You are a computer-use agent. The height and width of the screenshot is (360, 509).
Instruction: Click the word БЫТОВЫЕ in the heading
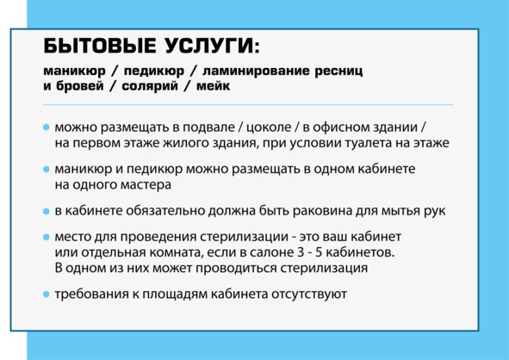click(x=100, y=46)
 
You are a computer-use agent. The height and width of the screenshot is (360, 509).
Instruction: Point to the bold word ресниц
click(x=338, y=71)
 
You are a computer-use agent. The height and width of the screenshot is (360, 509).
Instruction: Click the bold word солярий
click(x=150, y=86)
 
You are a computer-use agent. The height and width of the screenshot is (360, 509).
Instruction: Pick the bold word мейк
click(x=214, y=86)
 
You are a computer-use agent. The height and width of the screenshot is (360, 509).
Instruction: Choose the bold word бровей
click(x=80, y=86)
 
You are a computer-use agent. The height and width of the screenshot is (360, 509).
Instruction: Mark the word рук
click(x=434, y=212)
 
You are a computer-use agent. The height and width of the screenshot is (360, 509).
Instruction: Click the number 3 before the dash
click(x=301, y=252)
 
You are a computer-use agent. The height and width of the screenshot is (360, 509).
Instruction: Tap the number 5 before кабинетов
click(x=319, y=252)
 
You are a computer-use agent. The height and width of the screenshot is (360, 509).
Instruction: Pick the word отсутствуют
click(x=309, y=295)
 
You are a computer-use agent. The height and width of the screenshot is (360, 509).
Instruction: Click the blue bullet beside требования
click(x=47, y=295)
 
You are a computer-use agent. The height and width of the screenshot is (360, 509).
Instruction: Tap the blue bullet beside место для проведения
click(x=47, y=237)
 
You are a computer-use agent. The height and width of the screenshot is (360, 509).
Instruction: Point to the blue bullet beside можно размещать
click(x=47, y=127)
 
